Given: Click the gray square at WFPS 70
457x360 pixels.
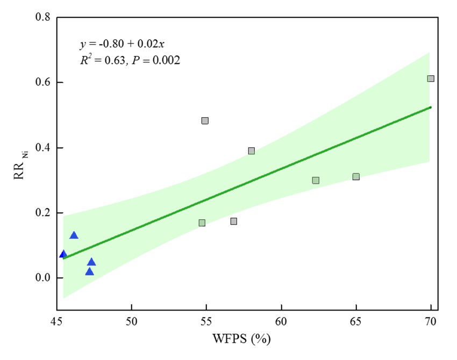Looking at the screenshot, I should click(x=430, y=78).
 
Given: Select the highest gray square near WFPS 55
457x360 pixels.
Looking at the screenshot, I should click(x=205, y=120).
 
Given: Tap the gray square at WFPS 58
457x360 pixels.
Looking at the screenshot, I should click(x=251, y=151).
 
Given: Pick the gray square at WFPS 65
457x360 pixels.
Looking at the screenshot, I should click(x=356, y=177).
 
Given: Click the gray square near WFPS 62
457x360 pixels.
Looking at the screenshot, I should click(x=316, y=181).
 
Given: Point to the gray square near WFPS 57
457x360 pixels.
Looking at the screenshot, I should click(x=233, y=221).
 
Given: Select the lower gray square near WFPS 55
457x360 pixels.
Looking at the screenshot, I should click(x=202, y=223).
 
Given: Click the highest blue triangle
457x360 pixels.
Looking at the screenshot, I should click(x=74, y=235).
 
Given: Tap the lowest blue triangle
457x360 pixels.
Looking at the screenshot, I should click(x=89, y=272).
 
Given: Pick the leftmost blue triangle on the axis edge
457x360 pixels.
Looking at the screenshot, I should click(x=63, y=254).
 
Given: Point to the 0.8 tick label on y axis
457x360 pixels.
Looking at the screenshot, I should click(x=42, y=17).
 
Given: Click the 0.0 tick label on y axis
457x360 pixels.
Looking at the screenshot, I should click(x=42, y=278).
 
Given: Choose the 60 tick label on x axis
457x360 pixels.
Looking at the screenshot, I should click(x=281, y=322).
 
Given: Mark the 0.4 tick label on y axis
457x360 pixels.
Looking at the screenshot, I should click(x=42, y=148).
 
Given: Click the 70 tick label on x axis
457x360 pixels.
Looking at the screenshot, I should click(x=431, y=322).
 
